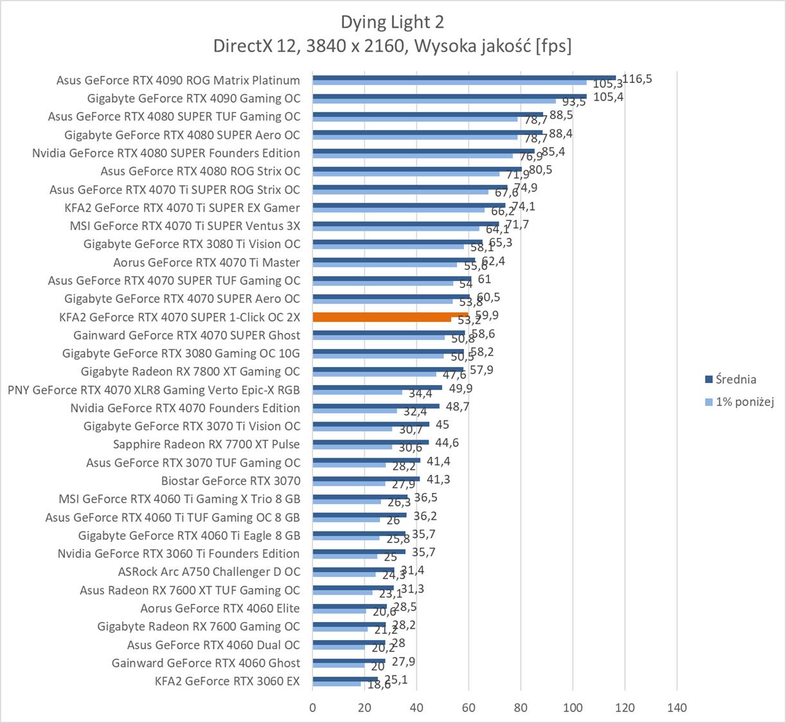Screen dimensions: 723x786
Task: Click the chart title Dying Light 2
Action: tap(392, 22)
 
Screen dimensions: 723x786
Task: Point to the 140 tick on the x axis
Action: tap(677, 708)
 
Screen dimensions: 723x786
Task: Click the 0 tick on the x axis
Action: tap(313, 708)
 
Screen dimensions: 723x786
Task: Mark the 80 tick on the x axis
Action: tap(521, 708)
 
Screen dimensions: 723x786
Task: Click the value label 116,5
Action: tap(638, 78)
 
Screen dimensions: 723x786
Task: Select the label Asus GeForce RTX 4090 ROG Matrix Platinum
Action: tap(178, 80)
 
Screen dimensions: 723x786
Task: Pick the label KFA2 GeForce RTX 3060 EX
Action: tap(228, 681)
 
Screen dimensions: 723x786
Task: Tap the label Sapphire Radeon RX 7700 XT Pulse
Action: tap(206, 444)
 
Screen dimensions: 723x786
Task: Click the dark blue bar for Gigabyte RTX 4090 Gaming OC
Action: tap(449, 96)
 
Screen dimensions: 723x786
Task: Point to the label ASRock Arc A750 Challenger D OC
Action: tap(209, 572)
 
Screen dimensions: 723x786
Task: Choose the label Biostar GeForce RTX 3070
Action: tap(231, 481)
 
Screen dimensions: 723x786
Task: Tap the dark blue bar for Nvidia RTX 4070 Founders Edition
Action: tap(376, 406)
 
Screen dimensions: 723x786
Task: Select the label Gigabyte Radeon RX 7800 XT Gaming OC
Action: tap(190, 371)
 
